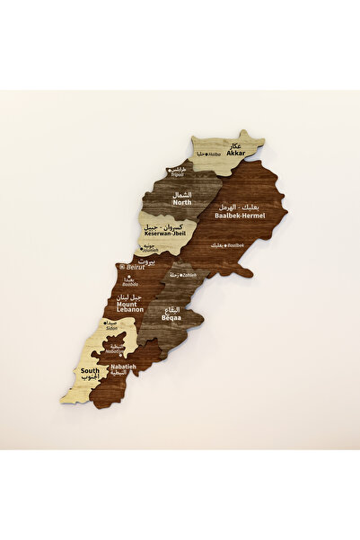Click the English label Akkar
[236, 154]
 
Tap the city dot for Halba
[206, 155]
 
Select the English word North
[182, 202]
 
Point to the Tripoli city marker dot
[170, 171]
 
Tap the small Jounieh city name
[151, 251]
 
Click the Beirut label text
[136, 267]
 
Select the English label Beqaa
[171, 317]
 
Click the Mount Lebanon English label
[131, 307]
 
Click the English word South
[90, 370]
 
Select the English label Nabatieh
[124, 366]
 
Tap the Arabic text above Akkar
[236, 146]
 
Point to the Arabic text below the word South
[91, 377]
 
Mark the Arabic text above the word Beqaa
[172, 309]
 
